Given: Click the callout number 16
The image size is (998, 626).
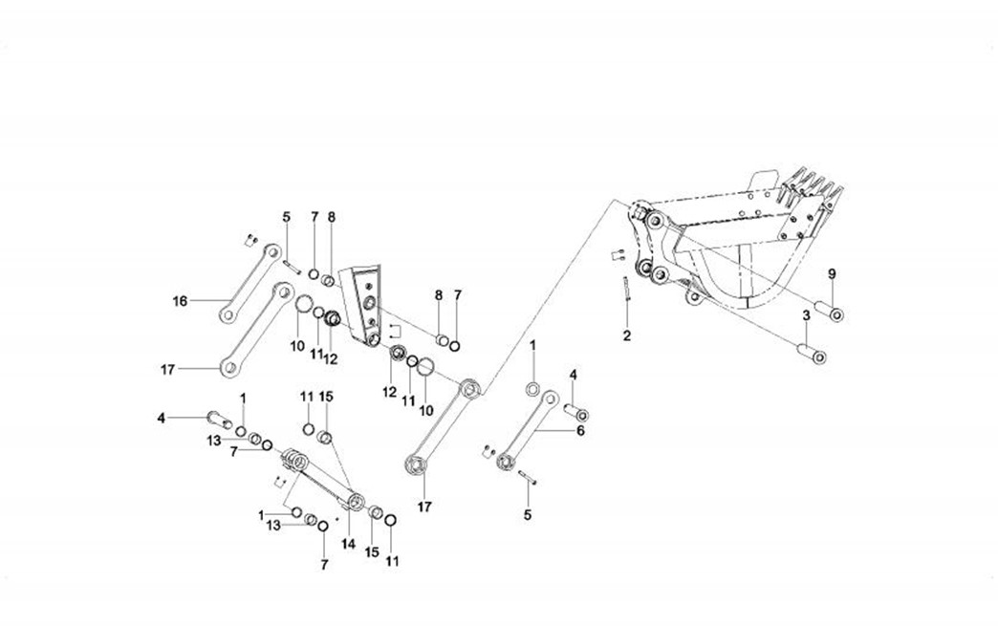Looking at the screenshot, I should (x=180, y=302).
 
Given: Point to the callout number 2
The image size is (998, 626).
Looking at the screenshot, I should (x=627, y=335).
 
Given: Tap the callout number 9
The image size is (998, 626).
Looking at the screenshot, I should (x=832, y=274).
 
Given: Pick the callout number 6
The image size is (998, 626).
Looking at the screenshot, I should (x=579, y=430).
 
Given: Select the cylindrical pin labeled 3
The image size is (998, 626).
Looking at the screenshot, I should (x=813, y=356).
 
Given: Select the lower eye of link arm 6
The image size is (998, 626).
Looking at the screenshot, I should (x=504, y=464).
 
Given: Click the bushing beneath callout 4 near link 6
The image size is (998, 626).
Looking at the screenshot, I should (x=577, y=414).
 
